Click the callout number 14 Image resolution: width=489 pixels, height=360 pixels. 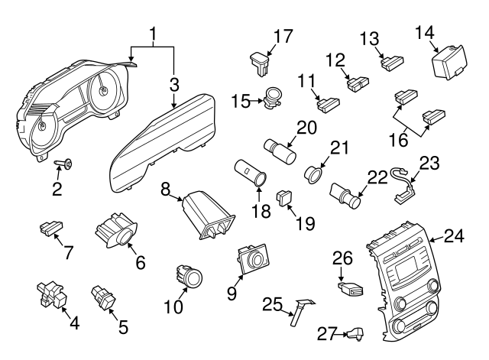pos(425,31)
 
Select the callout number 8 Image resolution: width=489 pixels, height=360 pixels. pos(166,187)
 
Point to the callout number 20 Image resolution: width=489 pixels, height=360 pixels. pos(306,128)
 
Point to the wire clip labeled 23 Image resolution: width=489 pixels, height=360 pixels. pos(404,181)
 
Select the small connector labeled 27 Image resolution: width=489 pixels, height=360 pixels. pos(355,332)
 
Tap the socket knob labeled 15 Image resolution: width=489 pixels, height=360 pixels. pos(272,99)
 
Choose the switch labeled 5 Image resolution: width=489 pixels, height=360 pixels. pos(102,294)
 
